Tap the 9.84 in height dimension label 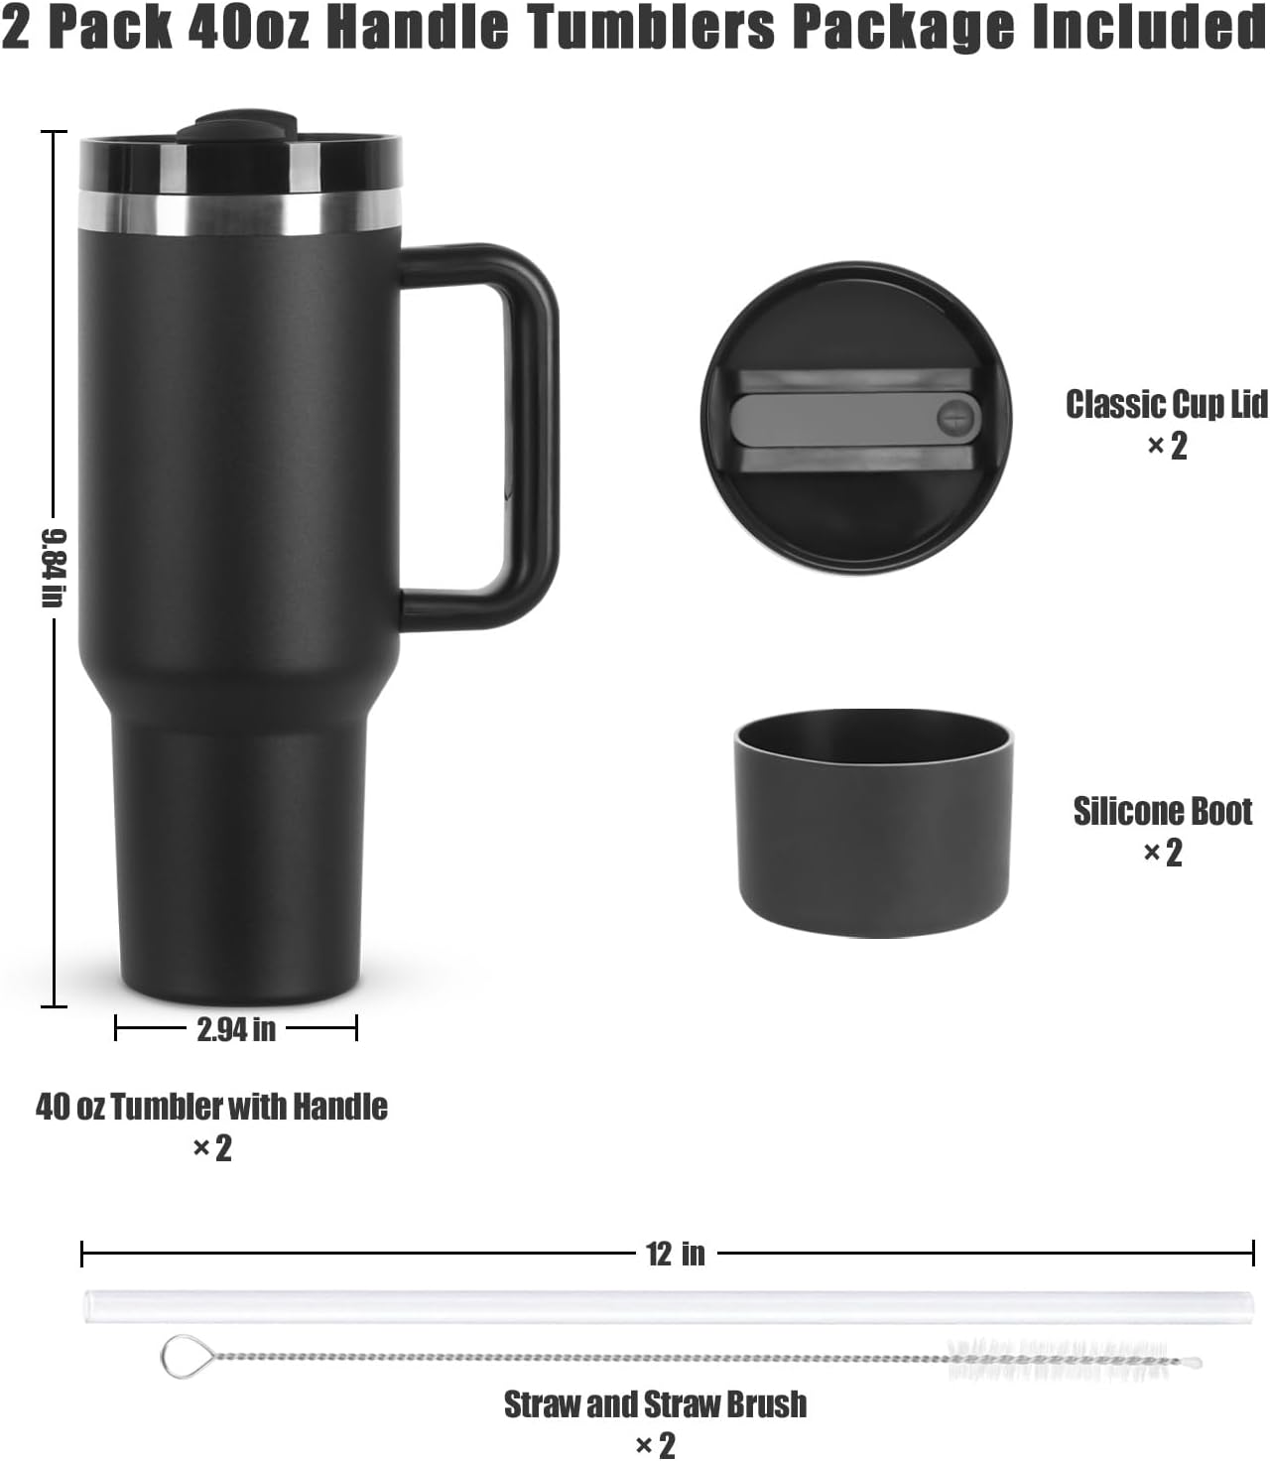click(53, 567)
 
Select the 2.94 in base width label click(236, 1029)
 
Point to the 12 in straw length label click(676, 1254)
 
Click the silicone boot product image click(873, 824)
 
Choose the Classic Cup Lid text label click(1167, 404)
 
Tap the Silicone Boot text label click(1163, 811)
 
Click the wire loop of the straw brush click(182, 1357)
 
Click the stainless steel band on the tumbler click(240, 213)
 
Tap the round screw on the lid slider click(954, 417)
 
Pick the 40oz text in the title click(248, 28)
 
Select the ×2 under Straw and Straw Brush click(656, 1444)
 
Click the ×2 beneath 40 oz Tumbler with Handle click(212, 1148)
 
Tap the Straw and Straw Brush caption click(656, 1404)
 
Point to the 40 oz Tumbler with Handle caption click(212, 1106)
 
